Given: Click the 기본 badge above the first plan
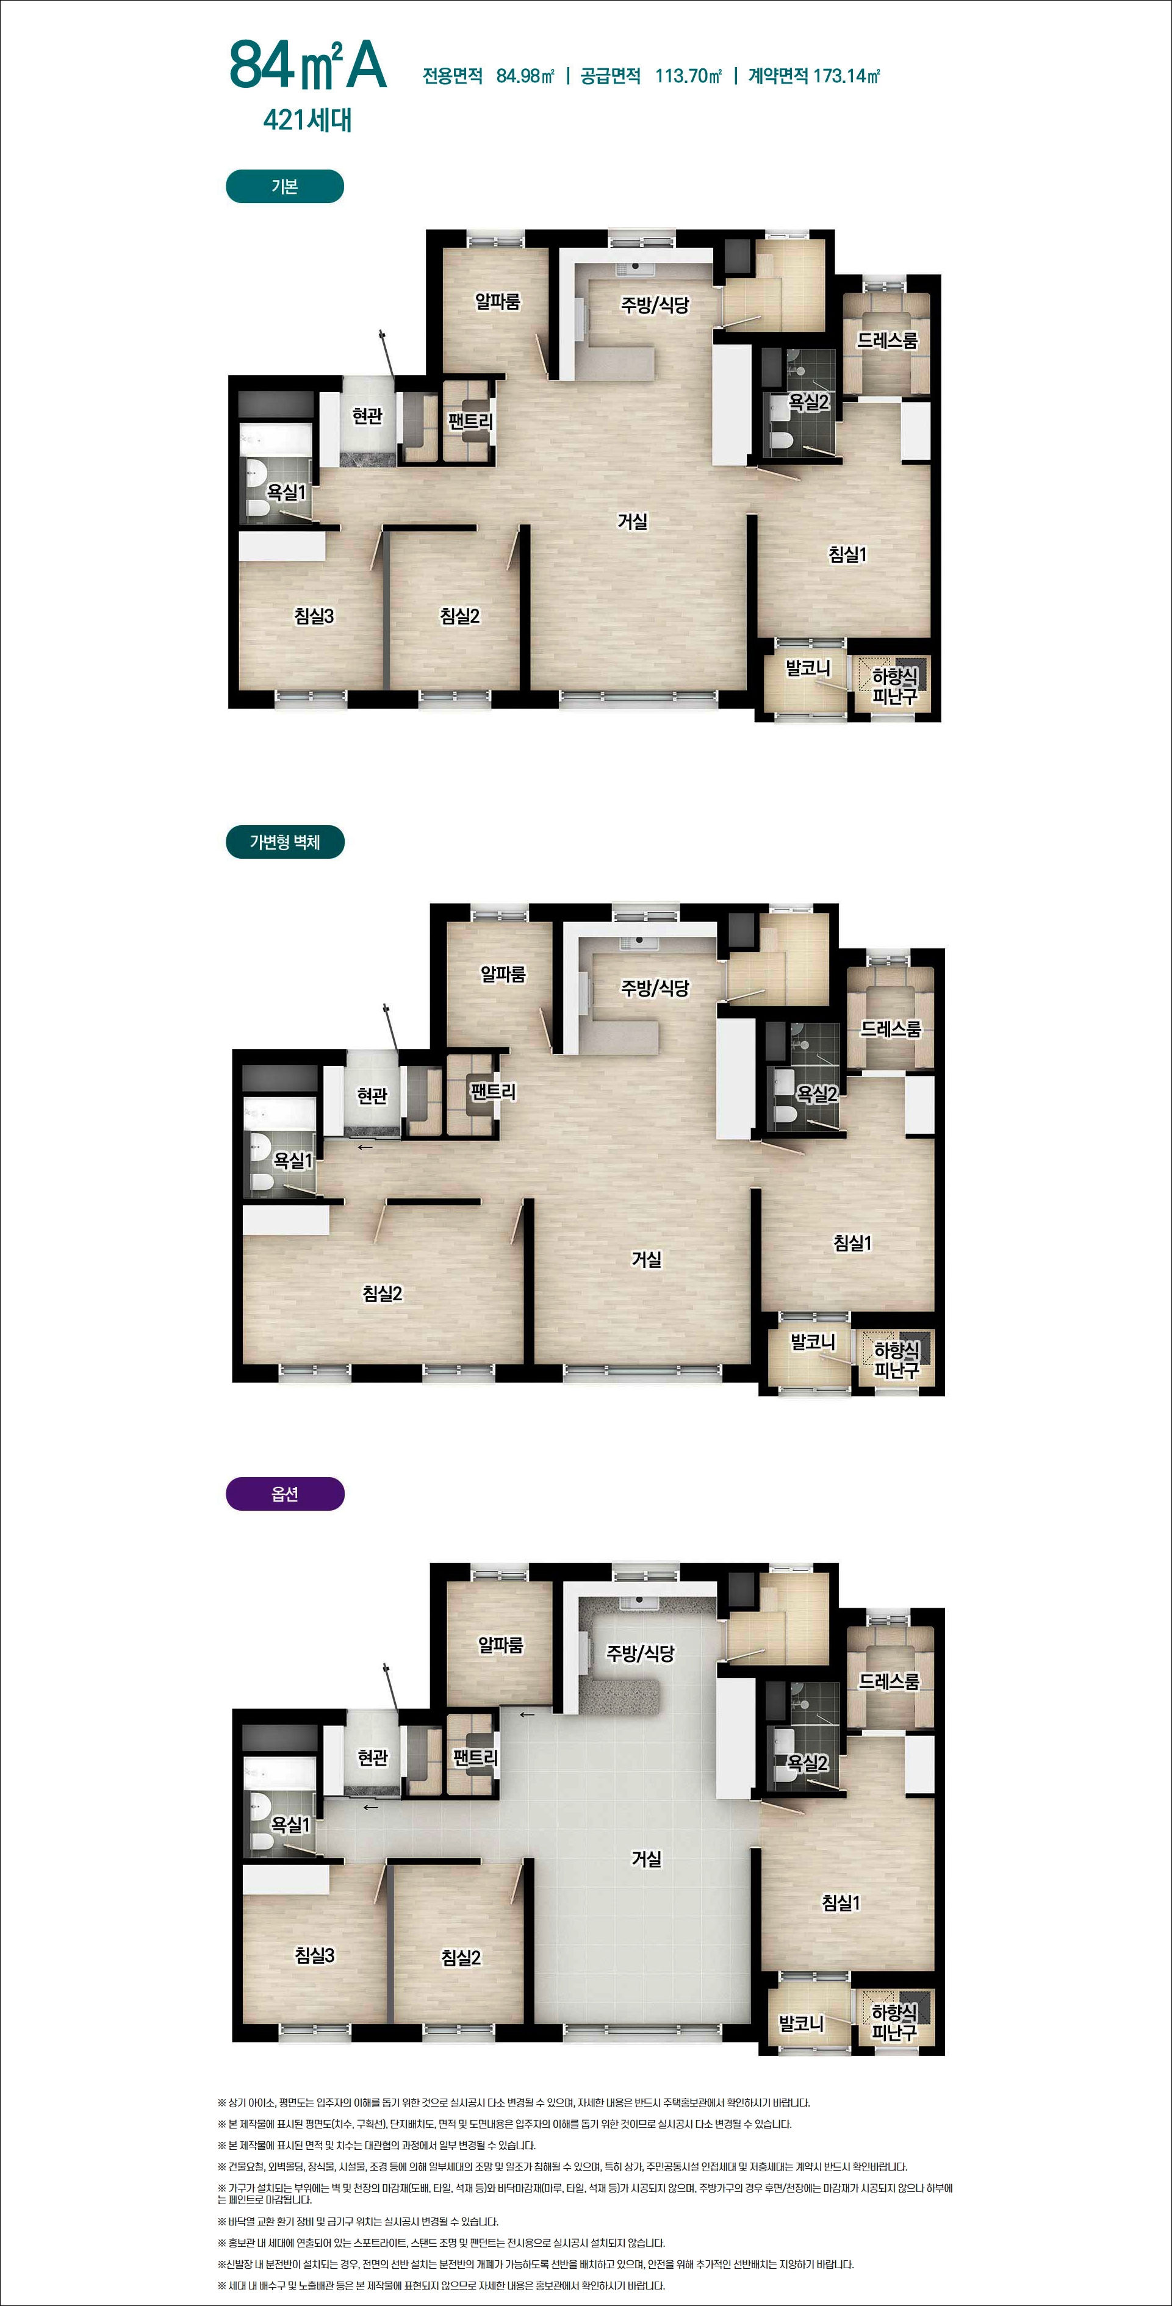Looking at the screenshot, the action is click(285, 186).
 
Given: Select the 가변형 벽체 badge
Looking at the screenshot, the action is click(285, 842).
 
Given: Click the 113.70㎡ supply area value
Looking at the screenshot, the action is click(688, 76).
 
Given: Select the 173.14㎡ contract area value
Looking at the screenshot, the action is click(846, 76).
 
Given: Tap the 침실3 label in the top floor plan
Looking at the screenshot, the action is click(314, 616).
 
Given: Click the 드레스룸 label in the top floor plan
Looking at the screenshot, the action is click(887, 340).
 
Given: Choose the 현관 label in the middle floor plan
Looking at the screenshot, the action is click(372, 1095).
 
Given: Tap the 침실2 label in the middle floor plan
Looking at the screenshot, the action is click(383, 1294).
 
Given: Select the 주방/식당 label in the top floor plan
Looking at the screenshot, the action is click(655, 306).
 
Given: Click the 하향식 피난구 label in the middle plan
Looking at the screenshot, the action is click(896, 1359).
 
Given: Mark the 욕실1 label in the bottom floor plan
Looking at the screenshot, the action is click(291, 1824).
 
